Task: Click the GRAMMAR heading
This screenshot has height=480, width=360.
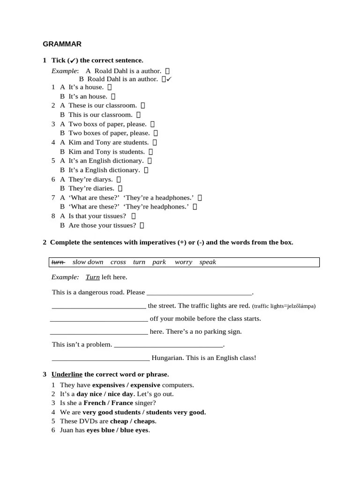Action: (62, 44)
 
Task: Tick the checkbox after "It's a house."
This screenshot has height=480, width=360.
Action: (110, 87)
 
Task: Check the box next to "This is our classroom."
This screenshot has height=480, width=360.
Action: (139, 115)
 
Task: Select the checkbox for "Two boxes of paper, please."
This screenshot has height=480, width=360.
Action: (156, 133)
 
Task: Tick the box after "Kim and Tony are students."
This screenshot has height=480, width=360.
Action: (155, 142)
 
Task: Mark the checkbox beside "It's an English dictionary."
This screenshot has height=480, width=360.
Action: (150, 161)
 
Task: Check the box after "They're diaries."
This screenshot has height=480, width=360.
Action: (121, 188)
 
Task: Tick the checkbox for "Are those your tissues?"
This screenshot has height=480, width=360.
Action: (142, 225)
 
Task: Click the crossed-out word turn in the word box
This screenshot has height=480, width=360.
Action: (58, 262)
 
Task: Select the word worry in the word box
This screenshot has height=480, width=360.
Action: (183, 262)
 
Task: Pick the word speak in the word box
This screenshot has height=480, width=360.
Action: (208, 262)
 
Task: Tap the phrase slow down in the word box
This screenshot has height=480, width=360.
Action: (88, 262)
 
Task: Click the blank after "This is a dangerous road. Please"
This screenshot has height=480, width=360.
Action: (199, 292)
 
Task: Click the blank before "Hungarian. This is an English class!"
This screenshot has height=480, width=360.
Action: (100, 358)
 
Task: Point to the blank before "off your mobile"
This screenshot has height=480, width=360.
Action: (98, 319)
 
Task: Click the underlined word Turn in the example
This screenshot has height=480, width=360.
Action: (93, 277)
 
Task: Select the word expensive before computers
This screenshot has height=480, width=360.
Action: (145, 385)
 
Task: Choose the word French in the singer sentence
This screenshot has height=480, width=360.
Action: (95, 403)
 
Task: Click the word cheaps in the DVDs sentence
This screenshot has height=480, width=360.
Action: (144, 421)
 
